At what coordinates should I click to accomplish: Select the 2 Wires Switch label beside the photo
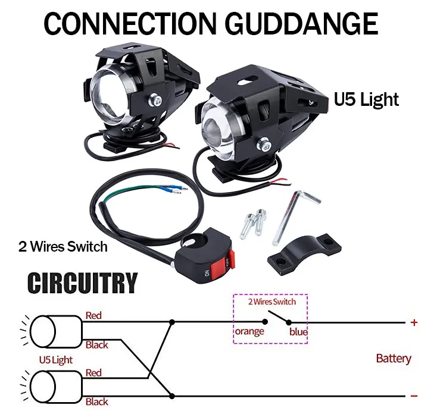[63, 246]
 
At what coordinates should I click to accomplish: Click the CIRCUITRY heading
[83, 284]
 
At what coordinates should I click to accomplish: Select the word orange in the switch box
[249, 331]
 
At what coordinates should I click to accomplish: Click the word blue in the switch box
[298, 332]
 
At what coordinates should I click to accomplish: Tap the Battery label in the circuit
[394, 359]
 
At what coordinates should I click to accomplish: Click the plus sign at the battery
[414, 323]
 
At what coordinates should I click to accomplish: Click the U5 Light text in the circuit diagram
[56, 360]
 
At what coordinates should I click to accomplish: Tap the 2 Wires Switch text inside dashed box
[271, 302]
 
